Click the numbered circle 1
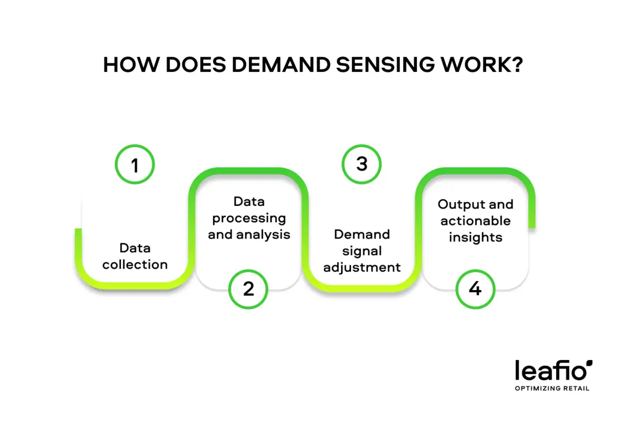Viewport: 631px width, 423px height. coord(135,166)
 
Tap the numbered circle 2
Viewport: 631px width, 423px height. coord(248,289)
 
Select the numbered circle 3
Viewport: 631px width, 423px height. coord(362,164)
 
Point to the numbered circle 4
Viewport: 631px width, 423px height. coord(475,289)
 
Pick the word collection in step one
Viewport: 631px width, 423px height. coord(135,264)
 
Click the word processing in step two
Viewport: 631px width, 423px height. coord(249,218)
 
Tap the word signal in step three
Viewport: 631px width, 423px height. coord(362,251)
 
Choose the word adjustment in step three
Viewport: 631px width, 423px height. coord(362,267)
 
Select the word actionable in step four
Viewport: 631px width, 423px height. coord(475,220)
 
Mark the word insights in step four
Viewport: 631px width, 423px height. coord(475,237)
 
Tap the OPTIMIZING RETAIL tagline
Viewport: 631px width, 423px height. coord(552,388)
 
